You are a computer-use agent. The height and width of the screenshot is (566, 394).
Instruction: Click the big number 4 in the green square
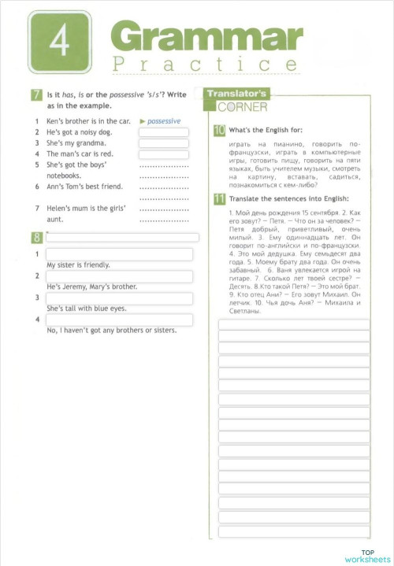[59, 44]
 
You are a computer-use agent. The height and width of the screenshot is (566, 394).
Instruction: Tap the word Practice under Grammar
[206, 65]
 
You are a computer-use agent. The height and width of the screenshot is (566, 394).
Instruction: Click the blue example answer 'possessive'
[163, 121]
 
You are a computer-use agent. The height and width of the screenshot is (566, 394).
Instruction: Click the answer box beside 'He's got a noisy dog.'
[164, 132]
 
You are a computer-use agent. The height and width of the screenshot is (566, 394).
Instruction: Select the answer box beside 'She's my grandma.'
[164, 143]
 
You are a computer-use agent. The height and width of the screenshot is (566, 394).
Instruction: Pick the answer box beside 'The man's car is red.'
[164, 154]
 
